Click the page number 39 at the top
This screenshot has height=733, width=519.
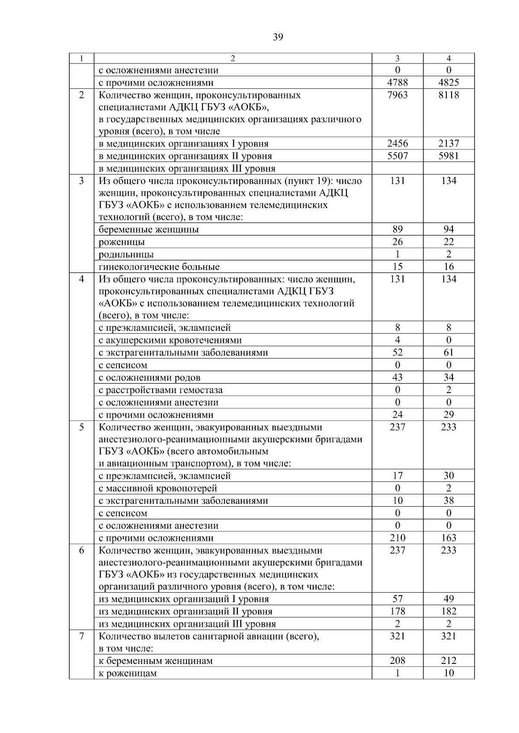tap(278, 38)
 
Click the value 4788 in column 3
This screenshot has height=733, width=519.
tap(397, 83)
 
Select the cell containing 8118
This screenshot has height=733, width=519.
tap(449, 95)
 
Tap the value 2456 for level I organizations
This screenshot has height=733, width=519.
tap(397, 143)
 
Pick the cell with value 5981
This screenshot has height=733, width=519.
tap(449, 156)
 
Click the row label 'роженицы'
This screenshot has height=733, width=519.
tap(122, 242)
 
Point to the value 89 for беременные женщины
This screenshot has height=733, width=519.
tap(397, 229)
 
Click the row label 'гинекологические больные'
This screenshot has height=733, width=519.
tap(159, 267)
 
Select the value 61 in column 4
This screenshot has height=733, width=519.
tap(449, 352)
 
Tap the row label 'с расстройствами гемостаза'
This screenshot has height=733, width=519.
tap(160, 390)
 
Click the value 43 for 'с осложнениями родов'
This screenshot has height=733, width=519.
tap(397, 378)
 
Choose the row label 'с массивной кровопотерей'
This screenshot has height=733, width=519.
tap(158, 489)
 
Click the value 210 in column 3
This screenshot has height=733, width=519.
tap(397, 538)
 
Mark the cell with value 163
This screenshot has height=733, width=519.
tap(449, 538)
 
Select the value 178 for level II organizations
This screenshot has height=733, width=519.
tap(397, 611)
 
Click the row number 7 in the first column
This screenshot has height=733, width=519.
tap(81, 636)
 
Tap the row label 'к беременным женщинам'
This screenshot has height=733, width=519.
tap(156, 661)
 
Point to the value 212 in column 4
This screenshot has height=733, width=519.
tap(449, 661)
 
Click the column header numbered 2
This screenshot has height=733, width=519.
tap(233, 59)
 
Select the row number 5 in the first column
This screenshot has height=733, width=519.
tap(81, 427)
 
